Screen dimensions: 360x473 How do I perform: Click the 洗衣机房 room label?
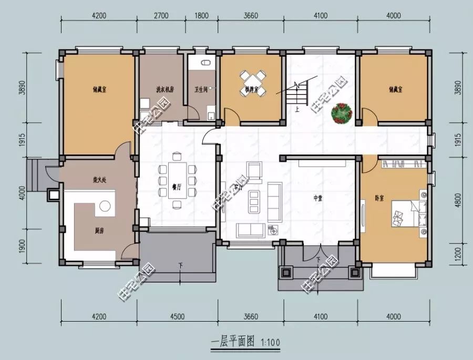[x=164, y=89]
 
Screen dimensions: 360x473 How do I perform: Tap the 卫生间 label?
[x=201, y=89]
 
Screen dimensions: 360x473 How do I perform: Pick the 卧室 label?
[x=379, y=198]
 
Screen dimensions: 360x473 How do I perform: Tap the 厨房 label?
[x=98, y=230]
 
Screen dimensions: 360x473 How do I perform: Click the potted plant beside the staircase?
[x=342, y=112]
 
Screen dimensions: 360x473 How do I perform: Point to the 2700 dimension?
[x=162, y=15]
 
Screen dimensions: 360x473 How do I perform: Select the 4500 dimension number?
[x=177, y=316]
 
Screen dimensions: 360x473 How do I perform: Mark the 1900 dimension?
[x=22, y=245]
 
